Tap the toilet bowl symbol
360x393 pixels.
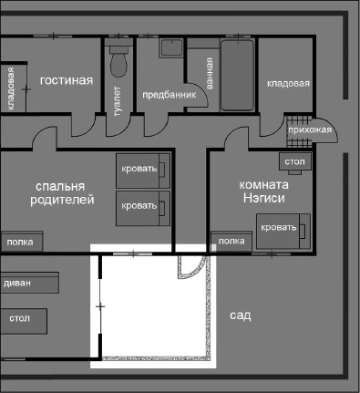tap(118, 63)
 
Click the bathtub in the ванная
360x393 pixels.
tap(239, 74)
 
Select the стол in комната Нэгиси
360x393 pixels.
tap(294, 162)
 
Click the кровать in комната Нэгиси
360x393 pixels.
tap(279, 226)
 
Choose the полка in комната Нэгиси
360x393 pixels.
tap(232, 241)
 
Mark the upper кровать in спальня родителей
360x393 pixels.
tap(144, 169)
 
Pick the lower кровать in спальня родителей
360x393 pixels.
tap(144, 206)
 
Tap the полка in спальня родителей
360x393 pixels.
tap(19, 242)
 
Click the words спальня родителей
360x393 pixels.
tap(60, 191)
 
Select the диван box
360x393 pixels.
tap(18, 284)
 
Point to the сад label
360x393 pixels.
tap(240, 315)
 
